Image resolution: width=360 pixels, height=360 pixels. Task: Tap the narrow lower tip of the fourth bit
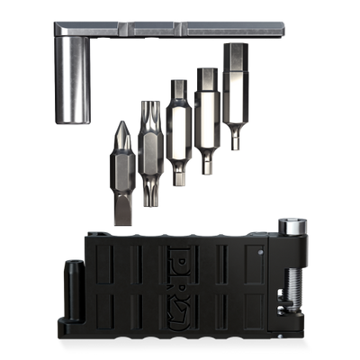pos(206,163)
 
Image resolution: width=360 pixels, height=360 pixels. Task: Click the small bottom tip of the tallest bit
pos(236,139)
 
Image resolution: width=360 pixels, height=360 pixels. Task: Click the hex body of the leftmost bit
pos(122,171)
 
